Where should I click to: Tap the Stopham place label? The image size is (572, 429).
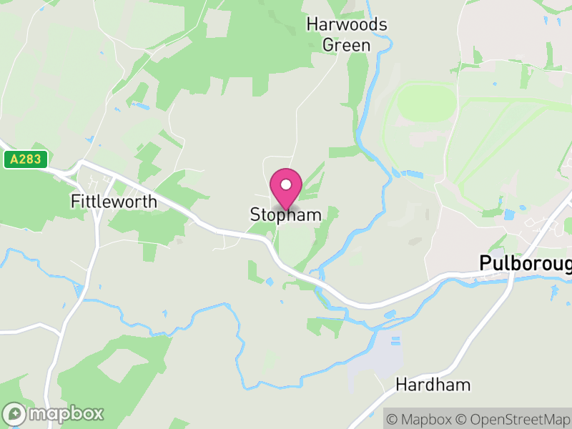point(285,214)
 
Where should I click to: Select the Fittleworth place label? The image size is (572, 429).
point(114,202)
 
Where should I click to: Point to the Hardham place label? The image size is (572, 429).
point(433,385)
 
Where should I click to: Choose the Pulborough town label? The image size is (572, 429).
point(526,263)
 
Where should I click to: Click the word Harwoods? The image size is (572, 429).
point(347,25)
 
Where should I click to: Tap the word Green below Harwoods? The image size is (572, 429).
point(347,45)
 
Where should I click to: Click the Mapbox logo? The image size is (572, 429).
point(54,413)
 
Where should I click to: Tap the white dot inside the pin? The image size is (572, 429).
point(286,184)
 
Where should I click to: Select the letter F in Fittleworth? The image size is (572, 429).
point(74,202)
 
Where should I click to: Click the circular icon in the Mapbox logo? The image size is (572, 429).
point(15,413)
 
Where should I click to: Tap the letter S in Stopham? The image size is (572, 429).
point(255,214)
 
